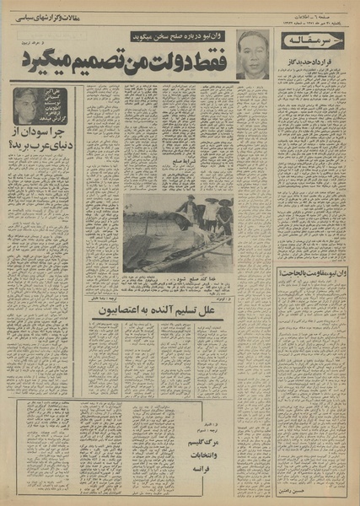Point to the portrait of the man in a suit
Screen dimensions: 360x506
coord(252,56)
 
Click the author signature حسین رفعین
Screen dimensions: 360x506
coord(312,488)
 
